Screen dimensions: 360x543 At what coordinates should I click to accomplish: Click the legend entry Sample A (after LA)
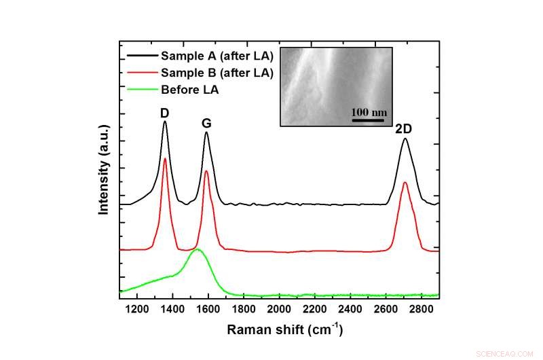point(216,55)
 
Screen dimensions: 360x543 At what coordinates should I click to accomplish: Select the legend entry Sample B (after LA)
point(216,72)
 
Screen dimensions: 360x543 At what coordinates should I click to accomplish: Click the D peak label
point(164,113)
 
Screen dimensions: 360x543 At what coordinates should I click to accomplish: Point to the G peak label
point(206,124)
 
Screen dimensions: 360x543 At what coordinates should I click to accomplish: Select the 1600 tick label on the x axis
point(208,310)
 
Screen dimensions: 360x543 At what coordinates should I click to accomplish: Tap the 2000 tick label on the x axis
point(279,310)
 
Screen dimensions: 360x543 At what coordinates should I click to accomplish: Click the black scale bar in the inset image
point(369,120)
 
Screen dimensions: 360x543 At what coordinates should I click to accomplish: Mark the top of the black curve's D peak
point(165,122)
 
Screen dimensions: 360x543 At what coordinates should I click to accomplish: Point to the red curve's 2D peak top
point(405,182)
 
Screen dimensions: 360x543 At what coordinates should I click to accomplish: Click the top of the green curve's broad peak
point(198,249)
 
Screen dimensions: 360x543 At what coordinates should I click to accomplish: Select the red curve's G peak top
point(206,170)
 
